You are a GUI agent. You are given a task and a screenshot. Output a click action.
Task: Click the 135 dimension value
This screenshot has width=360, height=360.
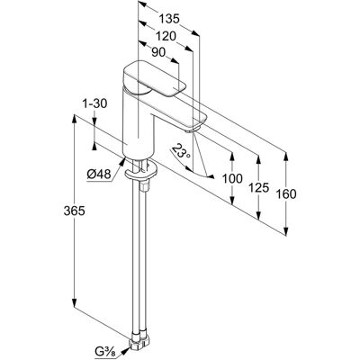click(169, 19)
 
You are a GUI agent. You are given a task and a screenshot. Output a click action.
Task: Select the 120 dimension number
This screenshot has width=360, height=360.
click(166, 36)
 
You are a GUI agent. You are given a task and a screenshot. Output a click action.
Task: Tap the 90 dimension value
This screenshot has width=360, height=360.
click(158, 53)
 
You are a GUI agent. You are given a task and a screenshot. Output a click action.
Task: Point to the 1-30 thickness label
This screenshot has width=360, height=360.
click(94, 103)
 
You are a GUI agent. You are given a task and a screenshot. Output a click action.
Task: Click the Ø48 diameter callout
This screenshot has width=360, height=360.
click(99, 175)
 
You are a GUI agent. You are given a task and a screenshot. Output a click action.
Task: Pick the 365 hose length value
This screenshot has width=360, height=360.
click(75, 211)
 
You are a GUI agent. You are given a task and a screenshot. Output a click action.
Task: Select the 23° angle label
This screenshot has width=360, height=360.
click(180, 153)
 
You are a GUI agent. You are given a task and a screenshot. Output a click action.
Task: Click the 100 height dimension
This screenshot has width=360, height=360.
click(232, 179)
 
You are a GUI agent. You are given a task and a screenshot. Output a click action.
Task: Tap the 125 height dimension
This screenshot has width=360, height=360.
click(258, 188)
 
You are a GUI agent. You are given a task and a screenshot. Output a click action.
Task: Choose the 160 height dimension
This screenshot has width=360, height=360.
click(286, 194)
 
